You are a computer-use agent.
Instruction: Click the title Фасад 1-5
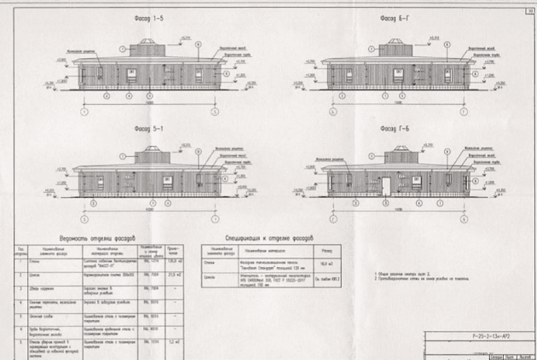coord(148,17)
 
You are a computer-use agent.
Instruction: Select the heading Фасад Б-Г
coord(395,17)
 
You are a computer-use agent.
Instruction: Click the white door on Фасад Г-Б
coord(385,187)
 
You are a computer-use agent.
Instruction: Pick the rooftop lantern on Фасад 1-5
coord(149,47)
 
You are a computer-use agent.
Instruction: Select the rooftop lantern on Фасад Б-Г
coord(396,49)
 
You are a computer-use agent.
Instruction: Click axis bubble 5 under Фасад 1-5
coord(215,112)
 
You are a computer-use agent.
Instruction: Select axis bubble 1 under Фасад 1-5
coord(84,112)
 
